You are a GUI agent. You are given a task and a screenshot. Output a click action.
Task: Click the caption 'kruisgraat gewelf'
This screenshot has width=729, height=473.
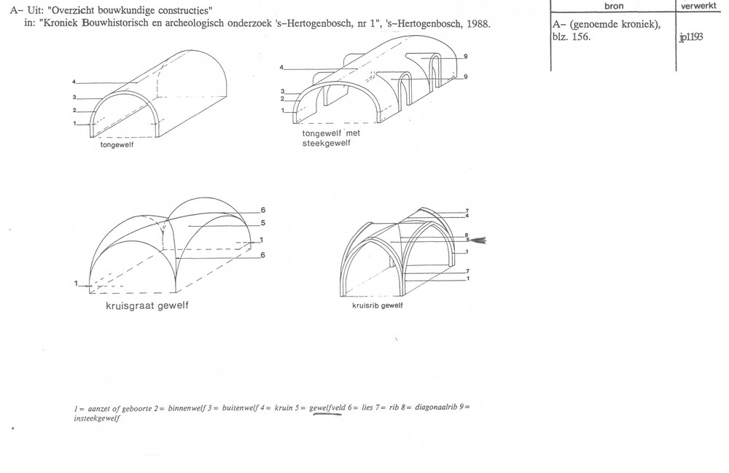(x=147, y=305)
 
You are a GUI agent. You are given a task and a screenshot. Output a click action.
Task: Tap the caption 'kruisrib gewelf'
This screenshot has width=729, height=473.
(x=377, y=305)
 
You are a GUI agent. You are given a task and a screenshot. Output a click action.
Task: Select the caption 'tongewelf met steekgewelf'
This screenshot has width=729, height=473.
(x=330, y=138)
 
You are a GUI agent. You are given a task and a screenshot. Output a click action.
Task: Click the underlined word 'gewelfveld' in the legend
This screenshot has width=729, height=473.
(x=327, y=408)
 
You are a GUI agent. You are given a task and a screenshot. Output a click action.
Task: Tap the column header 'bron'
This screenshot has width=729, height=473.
(x=614, y=6)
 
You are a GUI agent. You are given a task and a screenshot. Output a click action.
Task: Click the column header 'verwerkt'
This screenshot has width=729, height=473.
(x=698, y=6)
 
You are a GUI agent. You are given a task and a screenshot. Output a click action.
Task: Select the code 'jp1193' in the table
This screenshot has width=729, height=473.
(x=691, y=37)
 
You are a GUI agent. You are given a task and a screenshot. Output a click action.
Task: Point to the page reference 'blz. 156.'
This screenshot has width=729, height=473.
(x=572, y=36)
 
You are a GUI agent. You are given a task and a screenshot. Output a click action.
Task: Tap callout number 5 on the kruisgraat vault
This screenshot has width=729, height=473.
(x=262, y=223)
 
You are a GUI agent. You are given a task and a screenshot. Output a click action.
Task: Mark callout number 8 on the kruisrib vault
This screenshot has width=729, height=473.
(x=467, y=235)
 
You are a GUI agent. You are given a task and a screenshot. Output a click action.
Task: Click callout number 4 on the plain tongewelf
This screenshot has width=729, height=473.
(x=74, y=82)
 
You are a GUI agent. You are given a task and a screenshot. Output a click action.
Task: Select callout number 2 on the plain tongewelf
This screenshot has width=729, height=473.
(x=74, y=110)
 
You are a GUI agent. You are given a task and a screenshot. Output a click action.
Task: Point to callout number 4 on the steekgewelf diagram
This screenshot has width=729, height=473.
(x=281, y=67)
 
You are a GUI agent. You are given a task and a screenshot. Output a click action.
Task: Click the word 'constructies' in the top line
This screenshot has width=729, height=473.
(x=187, y=11)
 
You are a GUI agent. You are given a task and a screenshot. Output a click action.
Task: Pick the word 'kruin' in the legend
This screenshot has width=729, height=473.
(x=284, y=407)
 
